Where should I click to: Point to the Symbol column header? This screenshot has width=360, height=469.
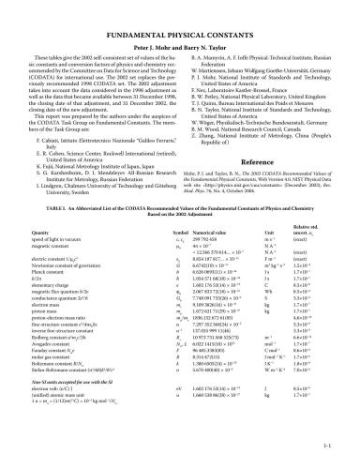[x=179, y=230]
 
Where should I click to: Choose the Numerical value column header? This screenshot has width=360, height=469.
[x=211, y=230]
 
